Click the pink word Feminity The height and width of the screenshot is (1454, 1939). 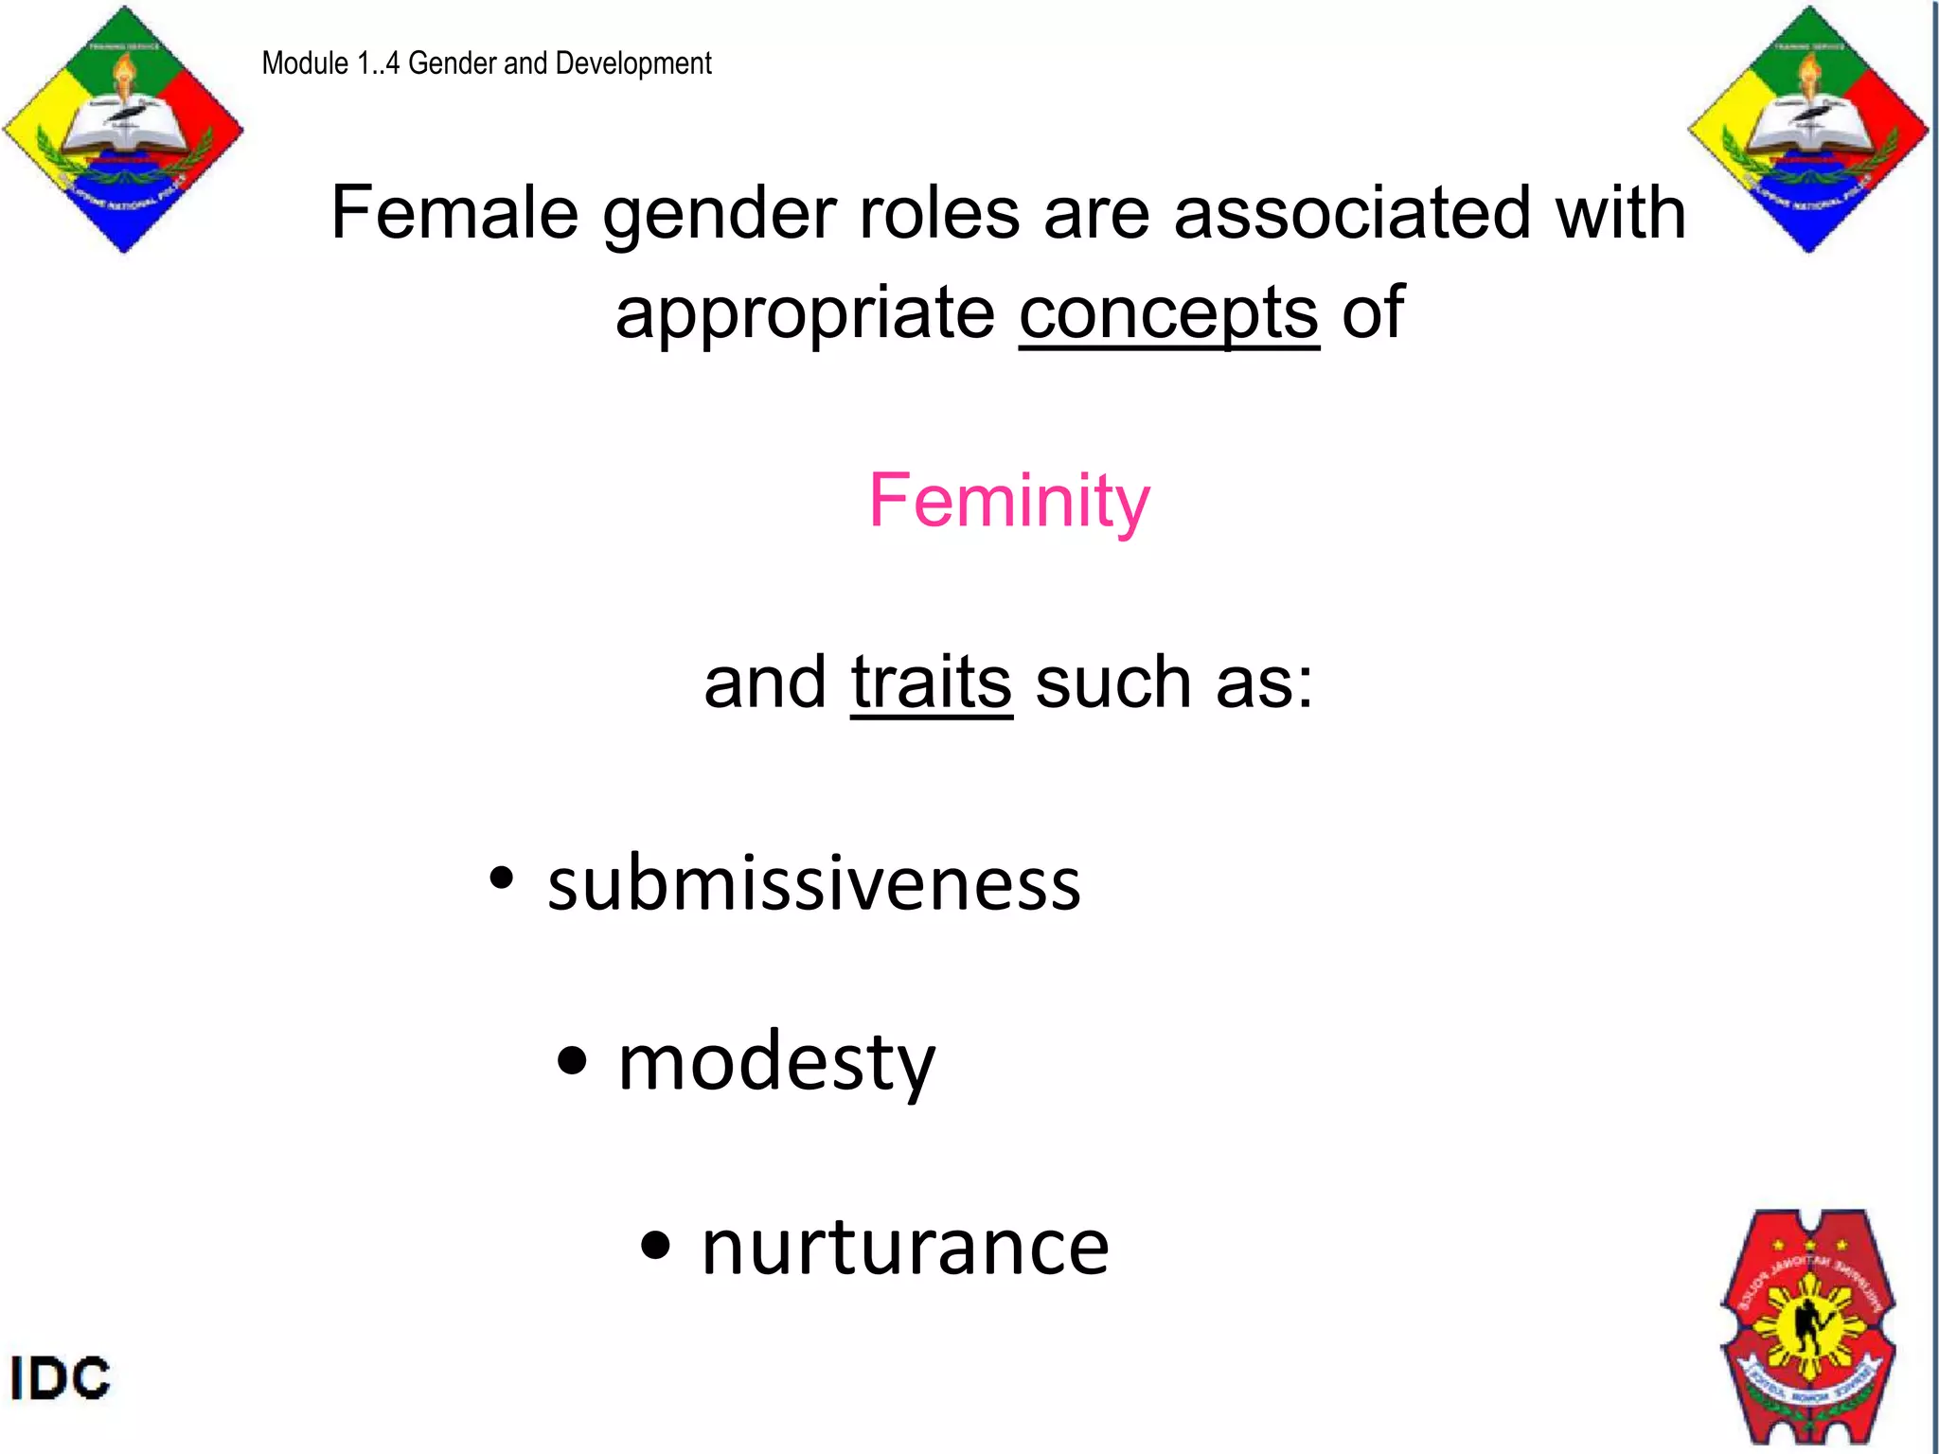(1009, 501)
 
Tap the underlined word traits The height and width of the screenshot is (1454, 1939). (932, 683)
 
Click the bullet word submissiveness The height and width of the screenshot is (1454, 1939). (814, 883)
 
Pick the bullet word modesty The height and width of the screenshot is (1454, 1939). (776, 1062)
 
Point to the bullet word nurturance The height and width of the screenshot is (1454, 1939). (905, 1248)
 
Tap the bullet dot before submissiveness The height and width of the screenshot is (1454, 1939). (502, 878)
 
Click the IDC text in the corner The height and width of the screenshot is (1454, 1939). (61, 1377)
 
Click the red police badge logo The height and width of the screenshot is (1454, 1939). (1808, 1325)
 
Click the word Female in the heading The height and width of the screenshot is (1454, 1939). (454, 213)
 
